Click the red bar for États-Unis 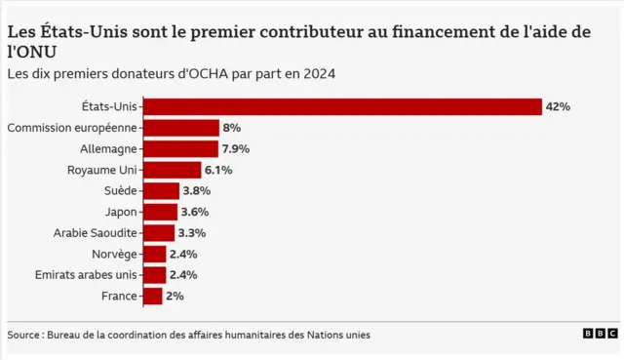(342, 106)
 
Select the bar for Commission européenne (181, 128)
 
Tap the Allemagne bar (180, 148)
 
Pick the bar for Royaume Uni (172, 170)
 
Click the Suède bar (161, 191)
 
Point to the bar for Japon (160, 212)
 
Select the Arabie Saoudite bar (159, 233)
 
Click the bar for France (153, 296)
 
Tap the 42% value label (558, 106)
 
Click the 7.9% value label (236, 149)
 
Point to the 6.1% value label (218, 170)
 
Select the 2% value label (175, 296)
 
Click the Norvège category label (113, 254)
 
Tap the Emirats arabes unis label (86, 275)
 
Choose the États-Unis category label (111, 106)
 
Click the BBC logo (600, 334)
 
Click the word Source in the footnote (25, 335)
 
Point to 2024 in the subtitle (321, 73)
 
